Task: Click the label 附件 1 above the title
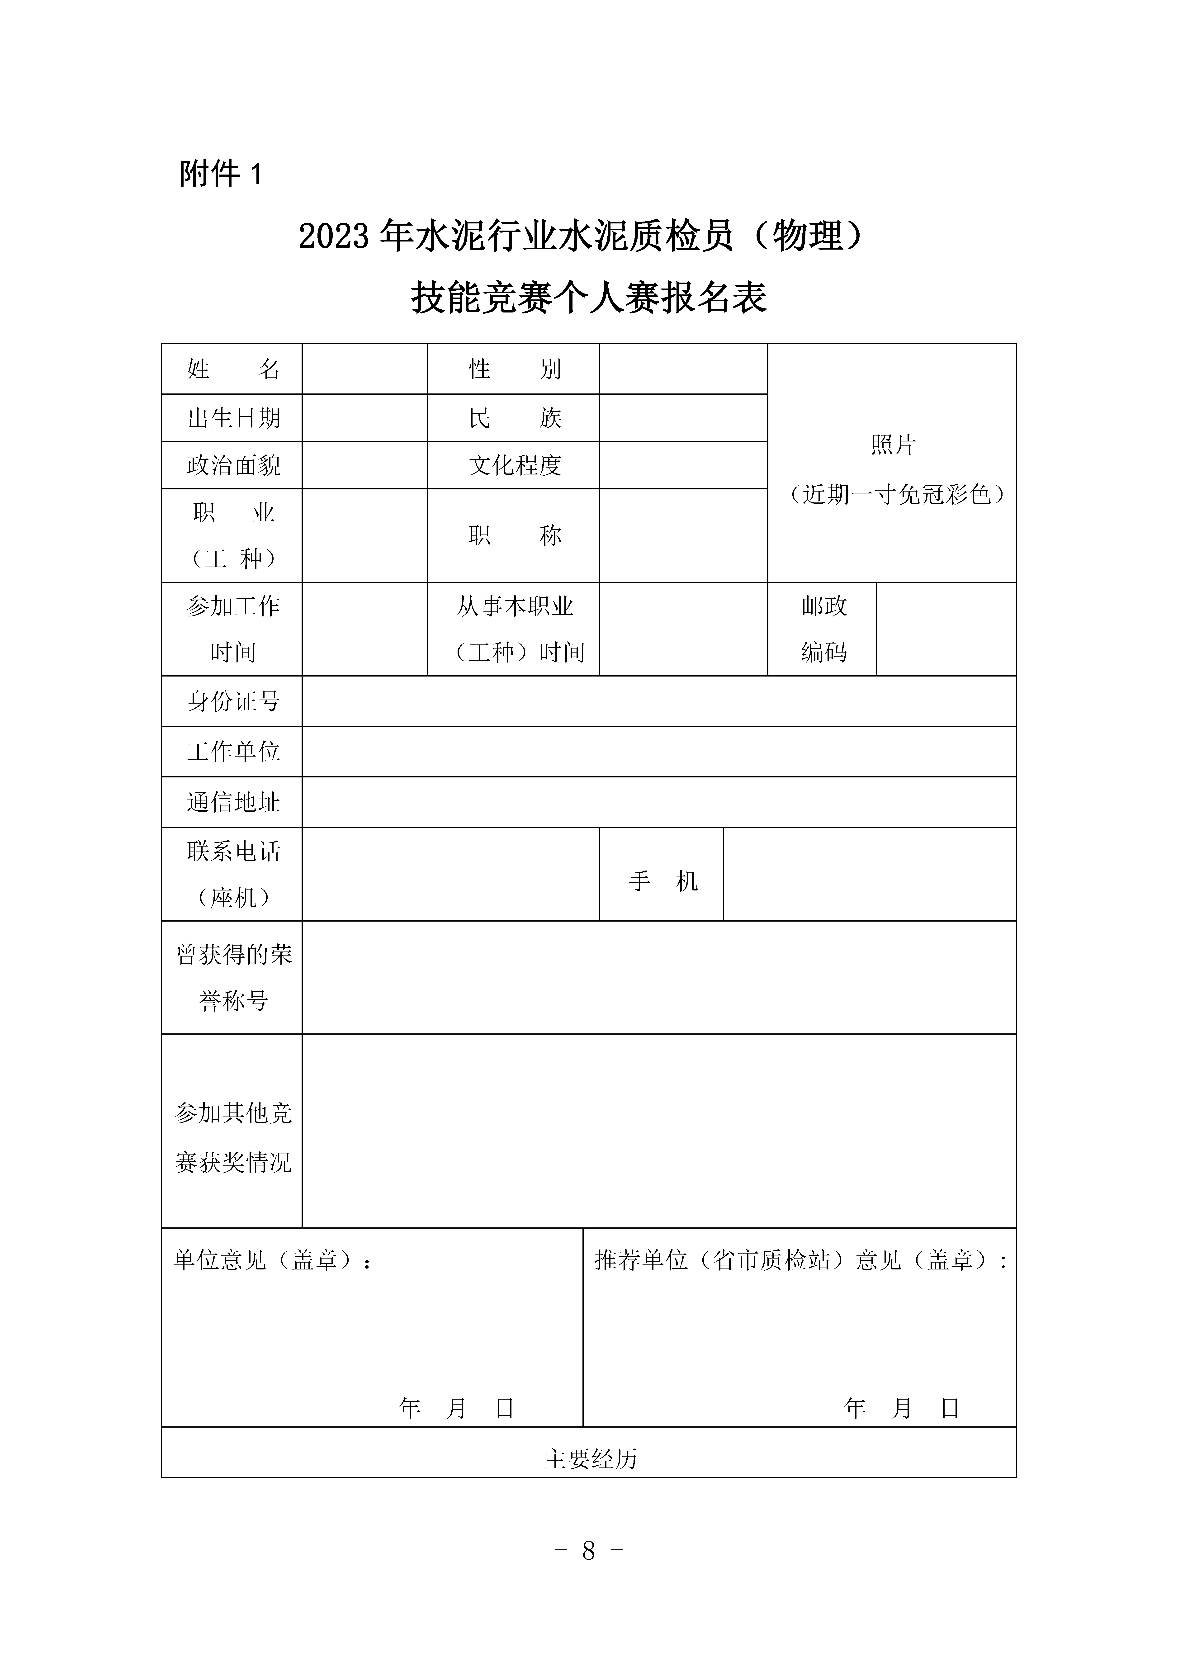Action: pos(220,174)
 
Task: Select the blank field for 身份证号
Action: pos(658,701)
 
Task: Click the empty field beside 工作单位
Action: pos(658,752)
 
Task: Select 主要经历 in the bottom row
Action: pos(590,1459)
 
